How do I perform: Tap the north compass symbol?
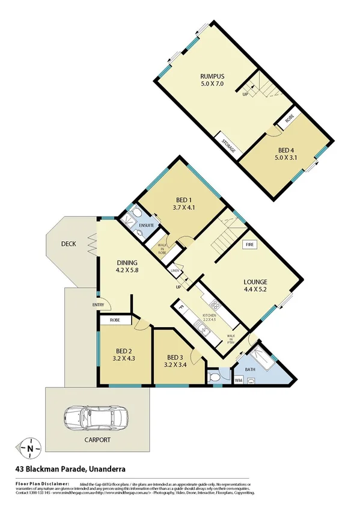tap(29, 447)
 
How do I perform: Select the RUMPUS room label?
tap(212, 76)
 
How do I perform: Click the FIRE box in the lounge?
tap(250, 245)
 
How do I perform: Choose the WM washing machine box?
tap(238, 379)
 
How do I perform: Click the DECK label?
tap(67, 244)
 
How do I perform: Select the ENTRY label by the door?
tap(99, 305)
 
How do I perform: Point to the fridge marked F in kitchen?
tap(180, 309)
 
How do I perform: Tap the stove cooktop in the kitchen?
tap(215, 304)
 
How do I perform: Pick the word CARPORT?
tap(97, 440)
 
